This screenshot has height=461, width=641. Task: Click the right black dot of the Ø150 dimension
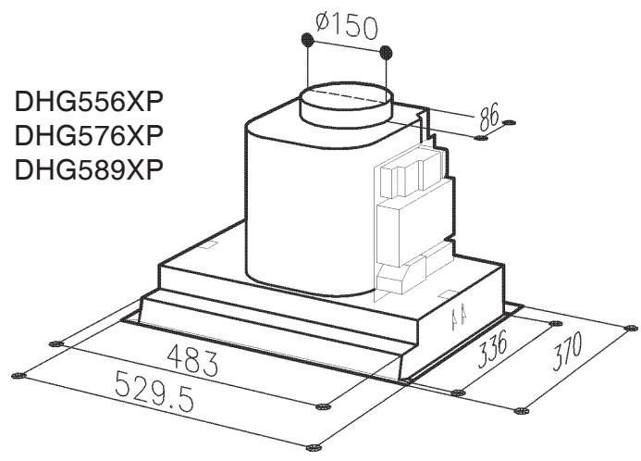tap(386, 52)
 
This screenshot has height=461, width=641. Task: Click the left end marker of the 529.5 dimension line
tap(16, 375)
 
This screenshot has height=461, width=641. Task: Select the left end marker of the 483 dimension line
tap(56, 343)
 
